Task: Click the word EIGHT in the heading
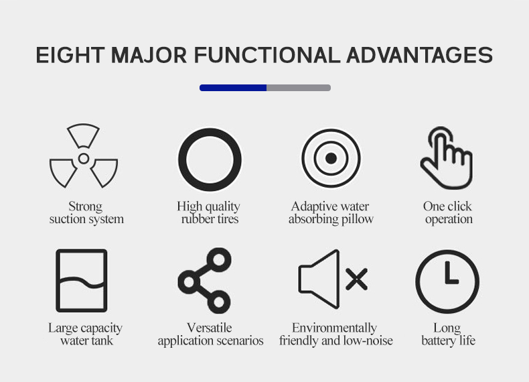(x=70, y=55)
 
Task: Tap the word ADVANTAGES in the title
(x=419, y=55)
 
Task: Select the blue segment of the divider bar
(x=233, y=88)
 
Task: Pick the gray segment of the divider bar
(x=299, y=88)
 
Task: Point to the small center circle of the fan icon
(x=84, y=158)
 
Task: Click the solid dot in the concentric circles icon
(x=331, y=158)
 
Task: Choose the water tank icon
(x=58, y=280)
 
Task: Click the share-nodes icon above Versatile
(x=189, y=281)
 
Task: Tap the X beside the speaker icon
(x=357, y=279)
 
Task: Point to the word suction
(x=66, y=219)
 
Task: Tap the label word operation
(x=449, y=220)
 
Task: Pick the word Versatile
(x=209, y=328)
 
